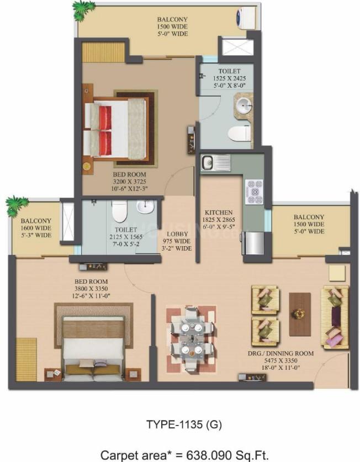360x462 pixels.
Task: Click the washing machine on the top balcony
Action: (x=246, y=18)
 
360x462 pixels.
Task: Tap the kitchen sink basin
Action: (x=208, y=162)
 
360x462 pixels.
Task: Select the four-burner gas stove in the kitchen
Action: (x=254, y=192)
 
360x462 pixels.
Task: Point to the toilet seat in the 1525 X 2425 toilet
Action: (x=239, y=133)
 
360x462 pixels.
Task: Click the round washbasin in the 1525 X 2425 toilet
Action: (x=244, y=104)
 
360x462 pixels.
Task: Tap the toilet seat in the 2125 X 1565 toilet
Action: (x=119, y=211)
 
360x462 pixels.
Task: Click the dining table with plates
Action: (x=192, y=338)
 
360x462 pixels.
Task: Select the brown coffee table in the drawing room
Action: (x=300, y=314)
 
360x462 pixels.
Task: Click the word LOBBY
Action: (x=177, y=234)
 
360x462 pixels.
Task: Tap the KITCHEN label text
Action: (x=219, y=213)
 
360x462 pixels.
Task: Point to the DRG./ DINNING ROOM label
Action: (x=280, y=353)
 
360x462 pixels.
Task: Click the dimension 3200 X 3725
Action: (x=129, y=182)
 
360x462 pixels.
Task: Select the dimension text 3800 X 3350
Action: (x=91, y=289)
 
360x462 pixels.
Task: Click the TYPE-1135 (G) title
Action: (x=184, y=424)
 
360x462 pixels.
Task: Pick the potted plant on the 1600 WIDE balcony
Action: (x=16, y=205)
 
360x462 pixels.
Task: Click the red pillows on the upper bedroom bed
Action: (x=105, y=130)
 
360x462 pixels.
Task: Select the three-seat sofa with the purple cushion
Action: (x=336, y=317)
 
